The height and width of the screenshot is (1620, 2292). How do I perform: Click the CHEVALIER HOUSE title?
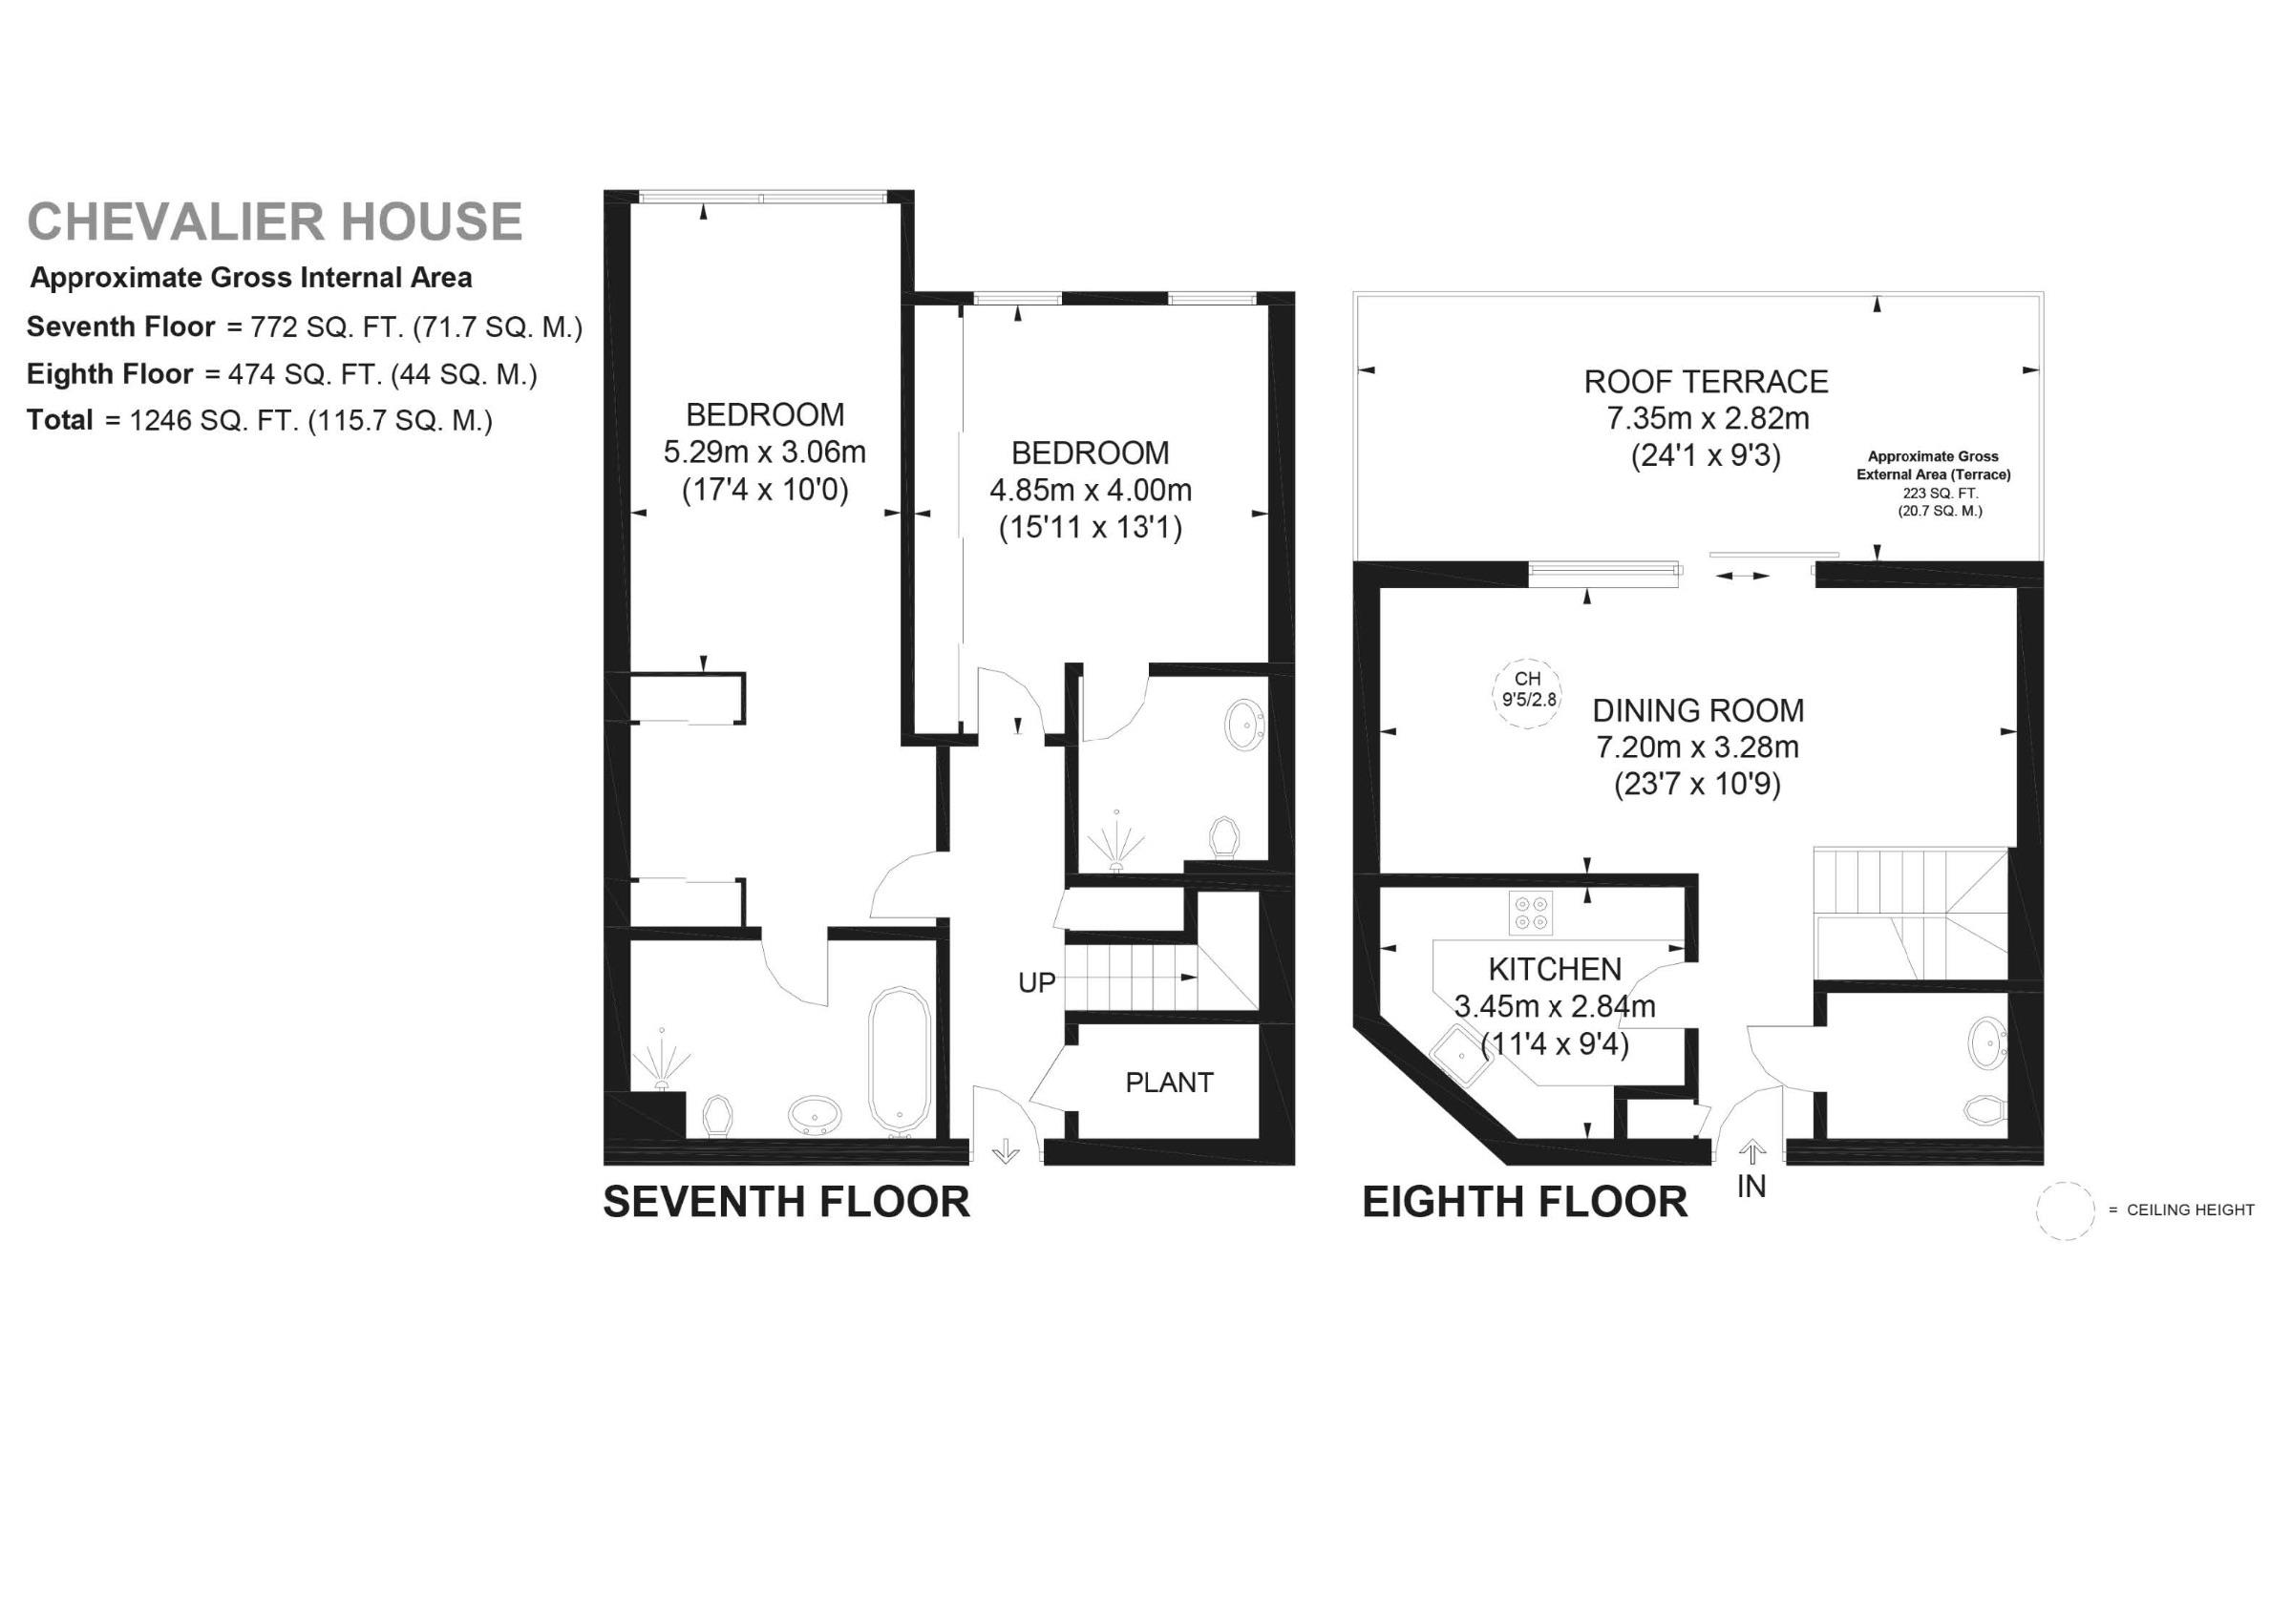274,221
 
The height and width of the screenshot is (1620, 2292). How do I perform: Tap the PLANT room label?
1169,1083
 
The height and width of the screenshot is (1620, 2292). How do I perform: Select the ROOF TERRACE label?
1706,381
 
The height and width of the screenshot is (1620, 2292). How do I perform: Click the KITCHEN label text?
1555,969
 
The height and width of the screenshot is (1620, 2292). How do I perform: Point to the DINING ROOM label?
1698,710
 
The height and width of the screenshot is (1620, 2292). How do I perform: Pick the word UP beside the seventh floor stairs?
1036,983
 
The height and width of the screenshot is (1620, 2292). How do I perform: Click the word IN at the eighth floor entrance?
1751,1187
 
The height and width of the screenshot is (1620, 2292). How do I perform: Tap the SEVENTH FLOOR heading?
787,1202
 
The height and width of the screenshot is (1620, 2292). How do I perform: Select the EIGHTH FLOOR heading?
1524,1202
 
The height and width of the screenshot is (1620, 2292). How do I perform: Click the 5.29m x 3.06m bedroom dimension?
765,452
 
